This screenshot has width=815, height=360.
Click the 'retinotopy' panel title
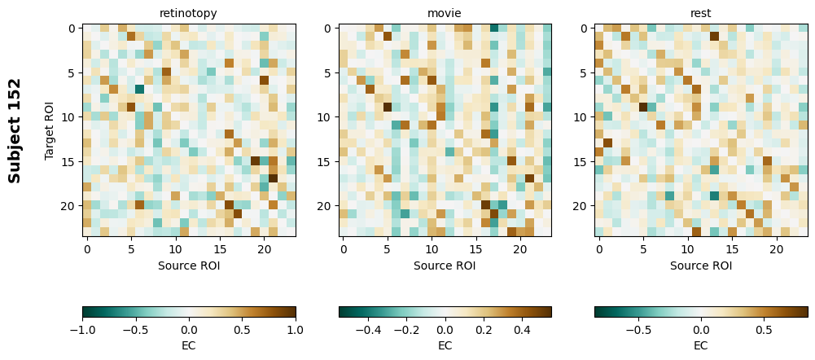pos(188,13)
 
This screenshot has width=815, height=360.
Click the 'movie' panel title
pos(445,13)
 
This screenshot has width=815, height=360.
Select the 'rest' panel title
pos(701,13)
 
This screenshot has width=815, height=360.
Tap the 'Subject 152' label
pos(15,131)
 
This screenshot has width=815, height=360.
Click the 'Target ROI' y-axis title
pos(50,131)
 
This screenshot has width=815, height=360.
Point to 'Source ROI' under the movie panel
pos(445,266)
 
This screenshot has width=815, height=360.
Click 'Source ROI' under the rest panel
pos(701,266)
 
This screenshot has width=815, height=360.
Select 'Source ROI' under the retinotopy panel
pos(188,266)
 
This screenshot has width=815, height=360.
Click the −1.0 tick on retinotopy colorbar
pos(82,330)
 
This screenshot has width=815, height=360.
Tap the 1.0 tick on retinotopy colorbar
pos(296,330)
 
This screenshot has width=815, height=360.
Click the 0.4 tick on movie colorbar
pos(522,330)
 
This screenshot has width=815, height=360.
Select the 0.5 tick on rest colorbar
pos(764,330)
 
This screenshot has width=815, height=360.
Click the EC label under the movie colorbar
pos(445,345)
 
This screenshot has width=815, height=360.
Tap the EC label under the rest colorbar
pos(701,345)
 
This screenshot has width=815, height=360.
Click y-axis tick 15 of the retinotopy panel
pos(71,162)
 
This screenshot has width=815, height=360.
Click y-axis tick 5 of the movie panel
pos(327,73)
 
